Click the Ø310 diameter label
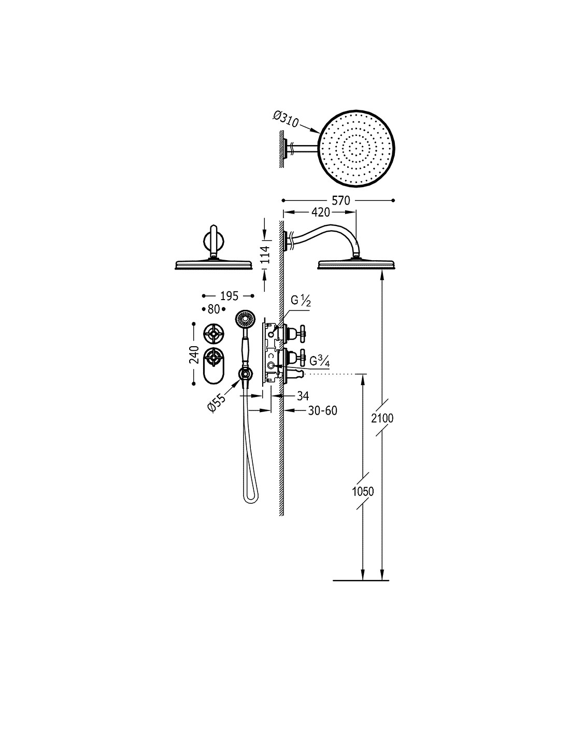285,119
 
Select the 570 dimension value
340,201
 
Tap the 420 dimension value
320,212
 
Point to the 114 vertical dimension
265,254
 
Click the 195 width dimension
229,296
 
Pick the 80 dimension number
213,309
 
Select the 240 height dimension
194,354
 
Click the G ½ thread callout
301,301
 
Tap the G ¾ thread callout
319,361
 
